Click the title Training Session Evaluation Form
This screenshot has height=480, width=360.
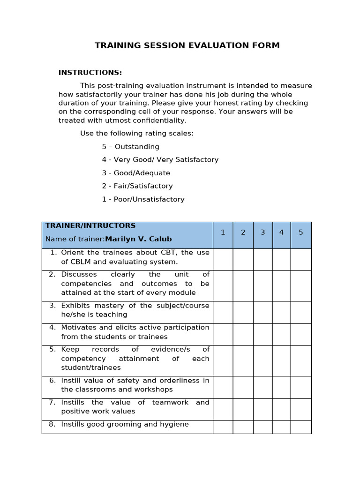[187, 45]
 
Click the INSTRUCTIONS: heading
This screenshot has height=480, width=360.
[90, 73]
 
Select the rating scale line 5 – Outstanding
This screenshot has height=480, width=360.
[131, 147]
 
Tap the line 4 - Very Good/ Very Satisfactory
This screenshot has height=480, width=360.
[160, 160]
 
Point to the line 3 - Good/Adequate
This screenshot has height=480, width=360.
[136, 173]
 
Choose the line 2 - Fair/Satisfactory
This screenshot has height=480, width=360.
[137, 186]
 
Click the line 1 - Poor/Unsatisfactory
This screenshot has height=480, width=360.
[143, 199]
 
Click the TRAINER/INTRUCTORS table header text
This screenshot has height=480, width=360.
[90, 226]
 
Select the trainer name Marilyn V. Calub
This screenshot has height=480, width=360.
[138, 239]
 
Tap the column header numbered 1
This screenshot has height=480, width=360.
[223, 232]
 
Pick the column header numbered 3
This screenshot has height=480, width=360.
[263, 232]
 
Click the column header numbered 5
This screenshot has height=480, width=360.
[301, 232]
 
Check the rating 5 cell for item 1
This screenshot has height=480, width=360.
[301, 259]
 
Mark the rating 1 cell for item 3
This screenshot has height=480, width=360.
[223, 312]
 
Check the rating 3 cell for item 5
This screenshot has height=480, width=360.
[263, 360]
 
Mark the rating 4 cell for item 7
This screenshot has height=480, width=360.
[282, 409]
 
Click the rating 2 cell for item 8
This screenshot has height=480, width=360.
[243, 427]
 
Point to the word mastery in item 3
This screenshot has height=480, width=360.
[108, 306]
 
